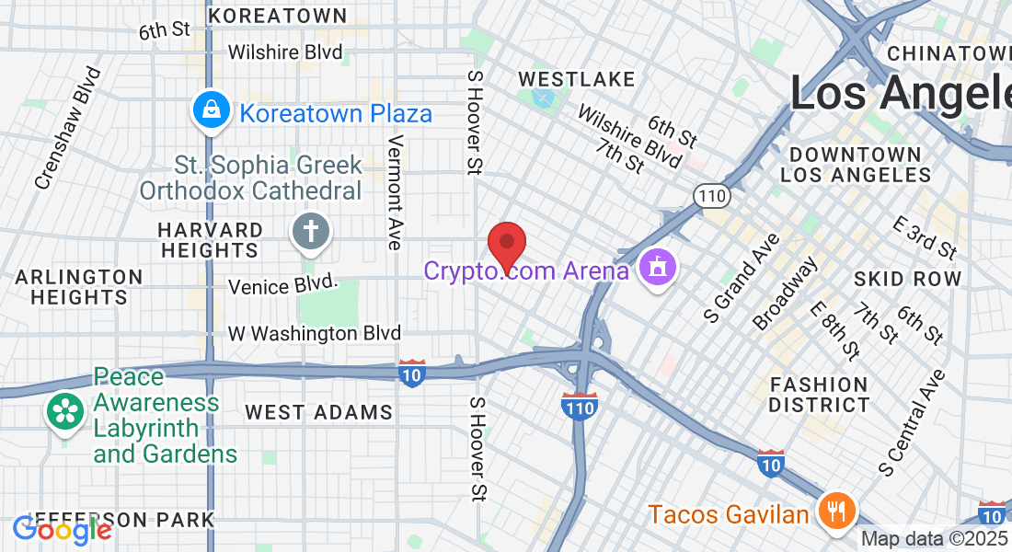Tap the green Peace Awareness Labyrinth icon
[x=66, y=411]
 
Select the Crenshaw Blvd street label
[x=67, y=128]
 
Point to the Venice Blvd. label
[x=284, y=287]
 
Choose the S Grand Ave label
[x=742, y=278]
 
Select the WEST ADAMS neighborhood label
[x=319, y=412]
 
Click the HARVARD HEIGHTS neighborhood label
[x=210, y=239]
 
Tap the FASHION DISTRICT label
[x=819, y=394]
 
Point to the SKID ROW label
[x=907, y=278]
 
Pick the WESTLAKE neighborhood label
[x=577, y=79]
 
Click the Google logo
[x=62, y=530]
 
